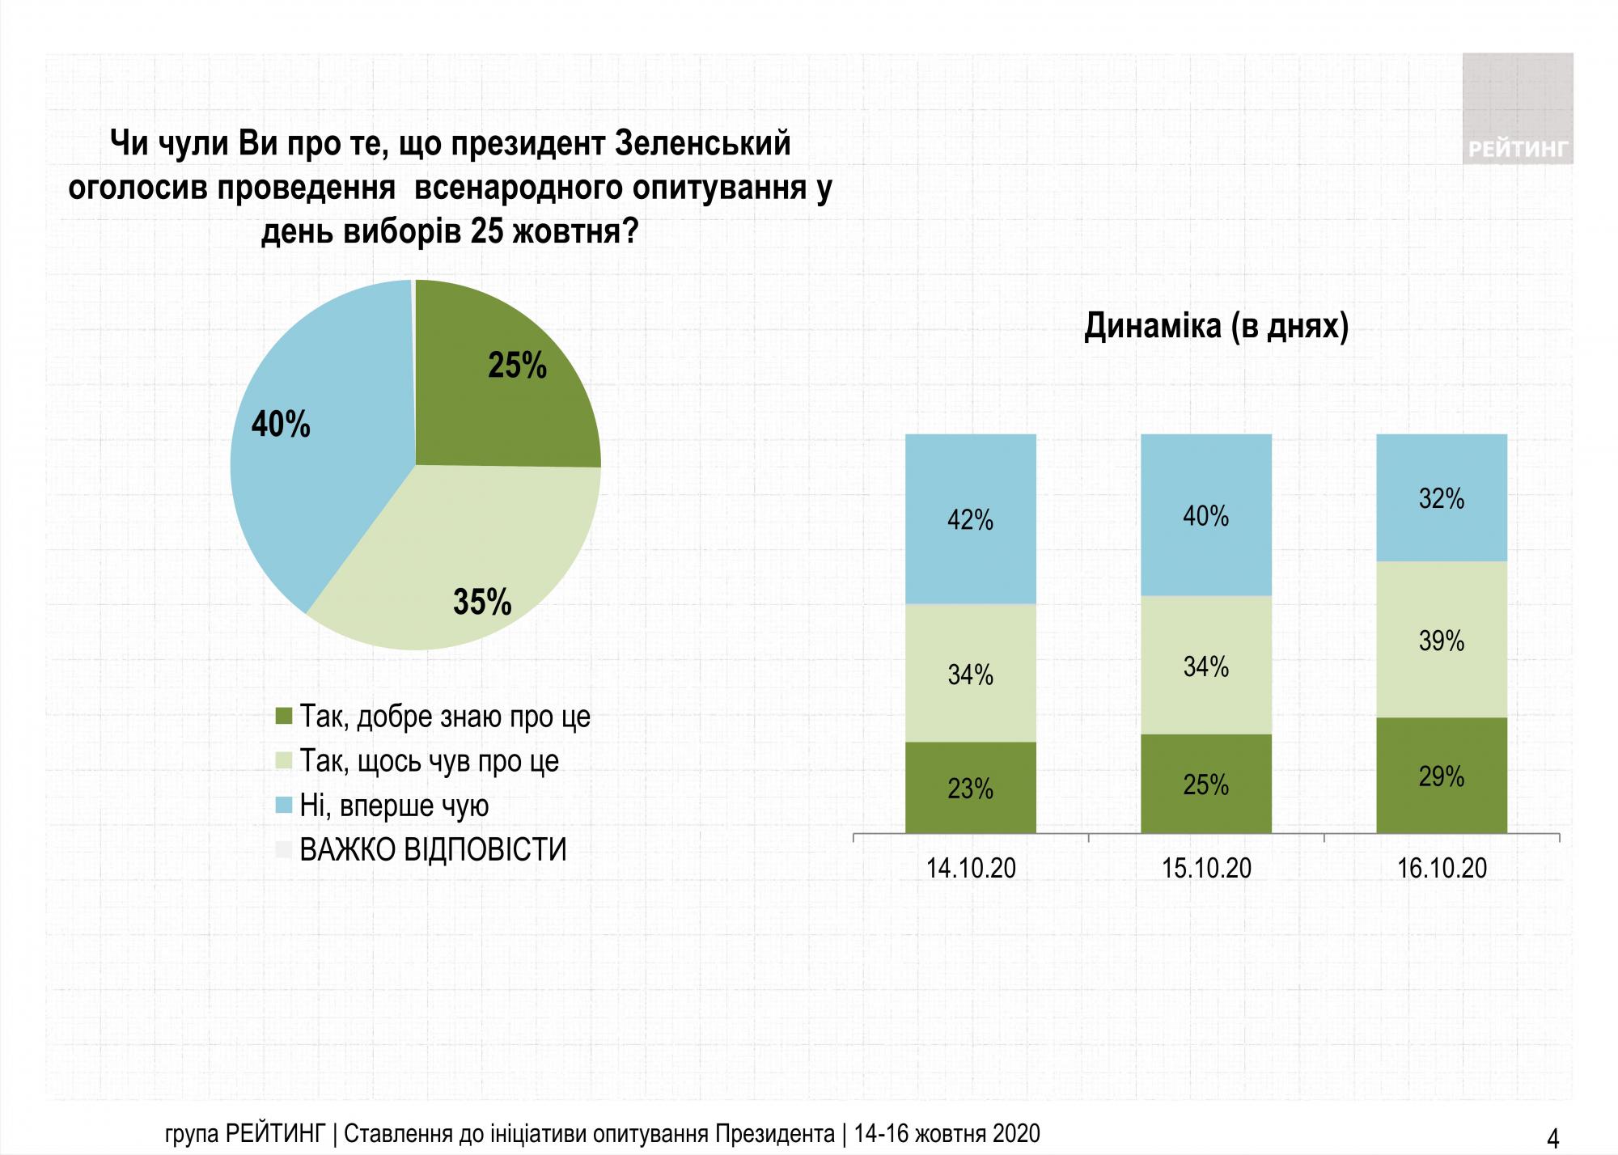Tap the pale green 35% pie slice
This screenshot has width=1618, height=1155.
(469, 566)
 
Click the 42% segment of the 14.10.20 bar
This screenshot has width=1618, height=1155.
(970, 519)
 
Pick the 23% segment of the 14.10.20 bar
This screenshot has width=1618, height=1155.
(970, 787)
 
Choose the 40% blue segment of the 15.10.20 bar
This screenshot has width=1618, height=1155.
(1205, 515)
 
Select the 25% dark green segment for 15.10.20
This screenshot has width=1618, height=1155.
(1205, 784)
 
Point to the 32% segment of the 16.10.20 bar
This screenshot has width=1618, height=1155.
(1441, 498)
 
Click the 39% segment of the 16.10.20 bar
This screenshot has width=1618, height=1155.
(1441, 640)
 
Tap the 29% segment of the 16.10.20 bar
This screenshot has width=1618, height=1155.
(1441, 776)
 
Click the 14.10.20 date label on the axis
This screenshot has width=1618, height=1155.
(970, 868)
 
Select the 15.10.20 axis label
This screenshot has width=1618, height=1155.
(1205, 868)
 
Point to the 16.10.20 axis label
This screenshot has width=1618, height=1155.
(1441, 868)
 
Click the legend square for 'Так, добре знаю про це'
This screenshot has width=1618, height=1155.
(283, 717)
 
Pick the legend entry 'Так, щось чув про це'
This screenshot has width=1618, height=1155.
(429, 761)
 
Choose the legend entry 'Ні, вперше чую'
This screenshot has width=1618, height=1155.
(394, 806)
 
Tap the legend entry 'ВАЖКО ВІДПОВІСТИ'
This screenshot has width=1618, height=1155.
(433, 850)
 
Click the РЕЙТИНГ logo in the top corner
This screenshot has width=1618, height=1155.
(1517, 109)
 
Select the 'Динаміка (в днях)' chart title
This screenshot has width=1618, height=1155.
(1216, 326)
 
